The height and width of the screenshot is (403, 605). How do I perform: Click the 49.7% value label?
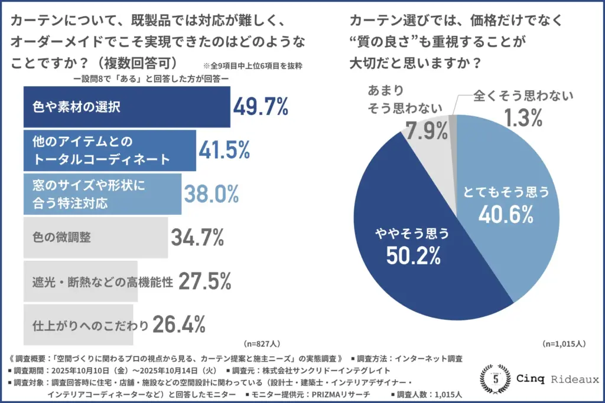point(261,107)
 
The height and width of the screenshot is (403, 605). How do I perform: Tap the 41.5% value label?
point(224,151)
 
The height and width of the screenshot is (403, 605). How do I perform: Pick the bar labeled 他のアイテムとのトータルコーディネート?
point(109,150)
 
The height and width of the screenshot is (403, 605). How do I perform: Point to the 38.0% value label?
point(211,193)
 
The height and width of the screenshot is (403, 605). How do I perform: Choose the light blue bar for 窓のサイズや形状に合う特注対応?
point(102,194)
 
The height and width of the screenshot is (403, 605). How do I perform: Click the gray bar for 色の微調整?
point(95,237)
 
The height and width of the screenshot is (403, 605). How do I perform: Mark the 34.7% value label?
point(197,237)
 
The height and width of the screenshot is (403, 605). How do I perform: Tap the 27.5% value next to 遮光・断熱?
point(204,281)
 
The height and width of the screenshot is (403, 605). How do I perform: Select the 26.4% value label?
point(179,323)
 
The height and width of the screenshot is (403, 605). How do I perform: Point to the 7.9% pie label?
point(426,130)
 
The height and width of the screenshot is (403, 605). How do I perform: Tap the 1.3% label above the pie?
point(523,118)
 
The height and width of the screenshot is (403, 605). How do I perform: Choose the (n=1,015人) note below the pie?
point(564,343)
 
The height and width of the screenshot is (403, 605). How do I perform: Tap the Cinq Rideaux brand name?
point(555,379)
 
